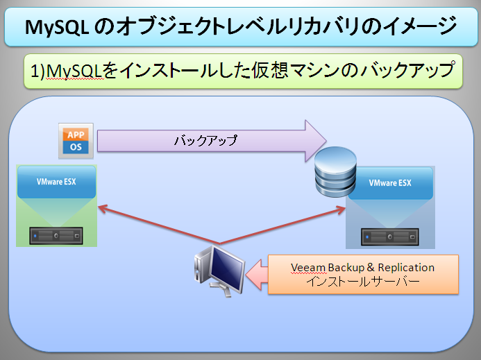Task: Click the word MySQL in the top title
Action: coord(57,27)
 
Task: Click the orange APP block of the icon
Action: coord(76,135)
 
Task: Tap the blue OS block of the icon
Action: coord(76,147)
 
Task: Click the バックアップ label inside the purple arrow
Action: coord(205,141)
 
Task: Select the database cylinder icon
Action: coord(336,172)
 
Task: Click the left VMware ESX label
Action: coord(56,182)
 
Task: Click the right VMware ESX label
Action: coord(390,183)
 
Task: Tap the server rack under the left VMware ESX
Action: coord(56,236)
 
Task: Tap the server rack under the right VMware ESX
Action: coord(390,237)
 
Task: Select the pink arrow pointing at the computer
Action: coord(257,275)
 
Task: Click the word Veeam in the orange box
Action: coord(308,268)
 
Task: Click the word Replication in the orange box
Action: coord(406,268)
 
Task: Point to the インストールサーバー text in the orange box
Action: coord(363,282)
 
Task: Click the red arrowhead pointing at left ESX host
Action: coord(102,209)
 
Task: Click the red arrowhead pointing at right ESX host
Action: coord(341,209)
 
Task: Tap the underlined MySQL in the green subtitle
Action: coord(74,71)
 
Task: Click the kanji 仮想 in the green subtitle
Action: coord(269,71)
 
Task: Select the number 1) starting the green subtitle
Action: coord(37,71)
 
